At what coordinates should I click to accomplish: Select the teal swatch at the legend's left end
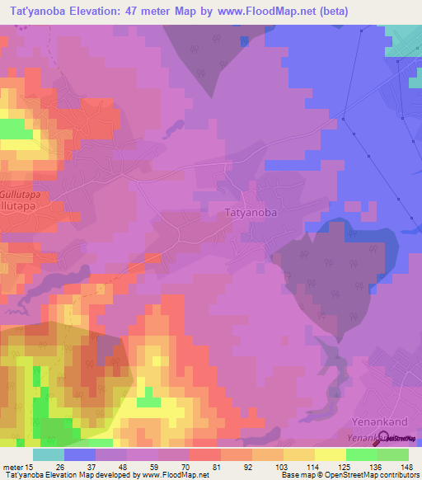(x=48, y=454)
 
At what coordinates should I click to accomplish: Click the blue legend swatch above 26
(x=80, y=454)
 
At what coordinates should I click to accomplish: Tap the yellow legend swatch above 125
(x=331, y=454)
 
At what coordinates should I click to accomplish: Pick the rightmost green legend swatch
(x=393, y=454)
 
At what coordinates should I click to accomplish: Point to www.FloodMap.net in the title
(x=256, y=12)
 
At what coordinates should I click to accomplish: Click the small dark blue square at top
(x=244, y=40)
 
